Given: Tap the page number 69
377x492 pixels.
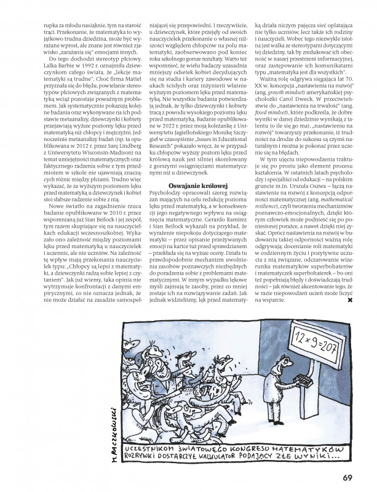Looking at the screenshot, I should (x=347, y=476).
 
